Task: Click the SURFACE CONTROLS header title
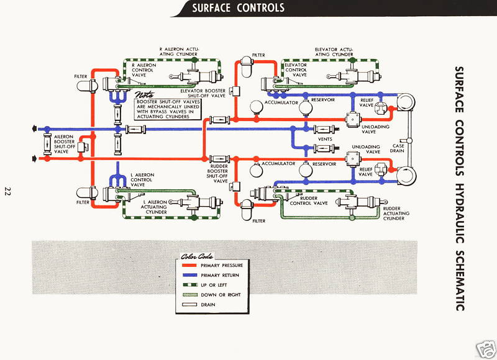tap(238, 8)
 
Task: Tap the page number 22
tap(8, 191)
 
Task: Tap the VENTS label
tap(325, 139)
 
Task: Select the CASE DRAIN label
tap(398, 149)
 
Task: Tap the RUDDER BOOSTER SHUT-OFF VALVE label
tap(221, 174)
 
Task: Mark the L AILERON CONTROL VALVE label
tap(146, 180)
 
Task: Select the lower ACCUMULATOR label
tap(277, 164)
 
